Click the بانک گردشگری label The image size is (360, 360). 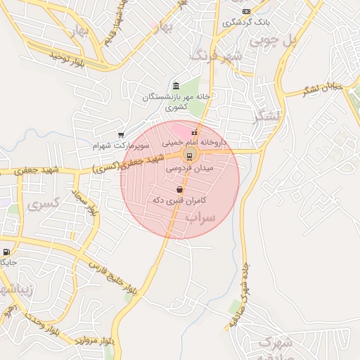(x=245, y=22)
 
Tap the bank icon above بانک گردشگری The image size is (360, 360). (x=246, y=11)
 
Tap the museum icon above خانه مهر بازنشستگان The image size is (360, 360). (x=176, y=86)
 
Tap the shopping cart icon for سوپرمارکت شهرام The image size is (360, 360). (x=121, y=134)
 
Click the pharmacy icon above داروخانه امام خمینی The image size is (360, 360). (x=194, y=131)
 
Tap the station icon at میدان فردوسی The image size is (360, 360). (x=188, y=155)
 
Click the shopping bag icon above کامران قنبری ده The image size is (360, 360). (x=180, y=189)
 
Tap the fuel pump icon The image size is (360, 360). (x=6, y=251)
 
